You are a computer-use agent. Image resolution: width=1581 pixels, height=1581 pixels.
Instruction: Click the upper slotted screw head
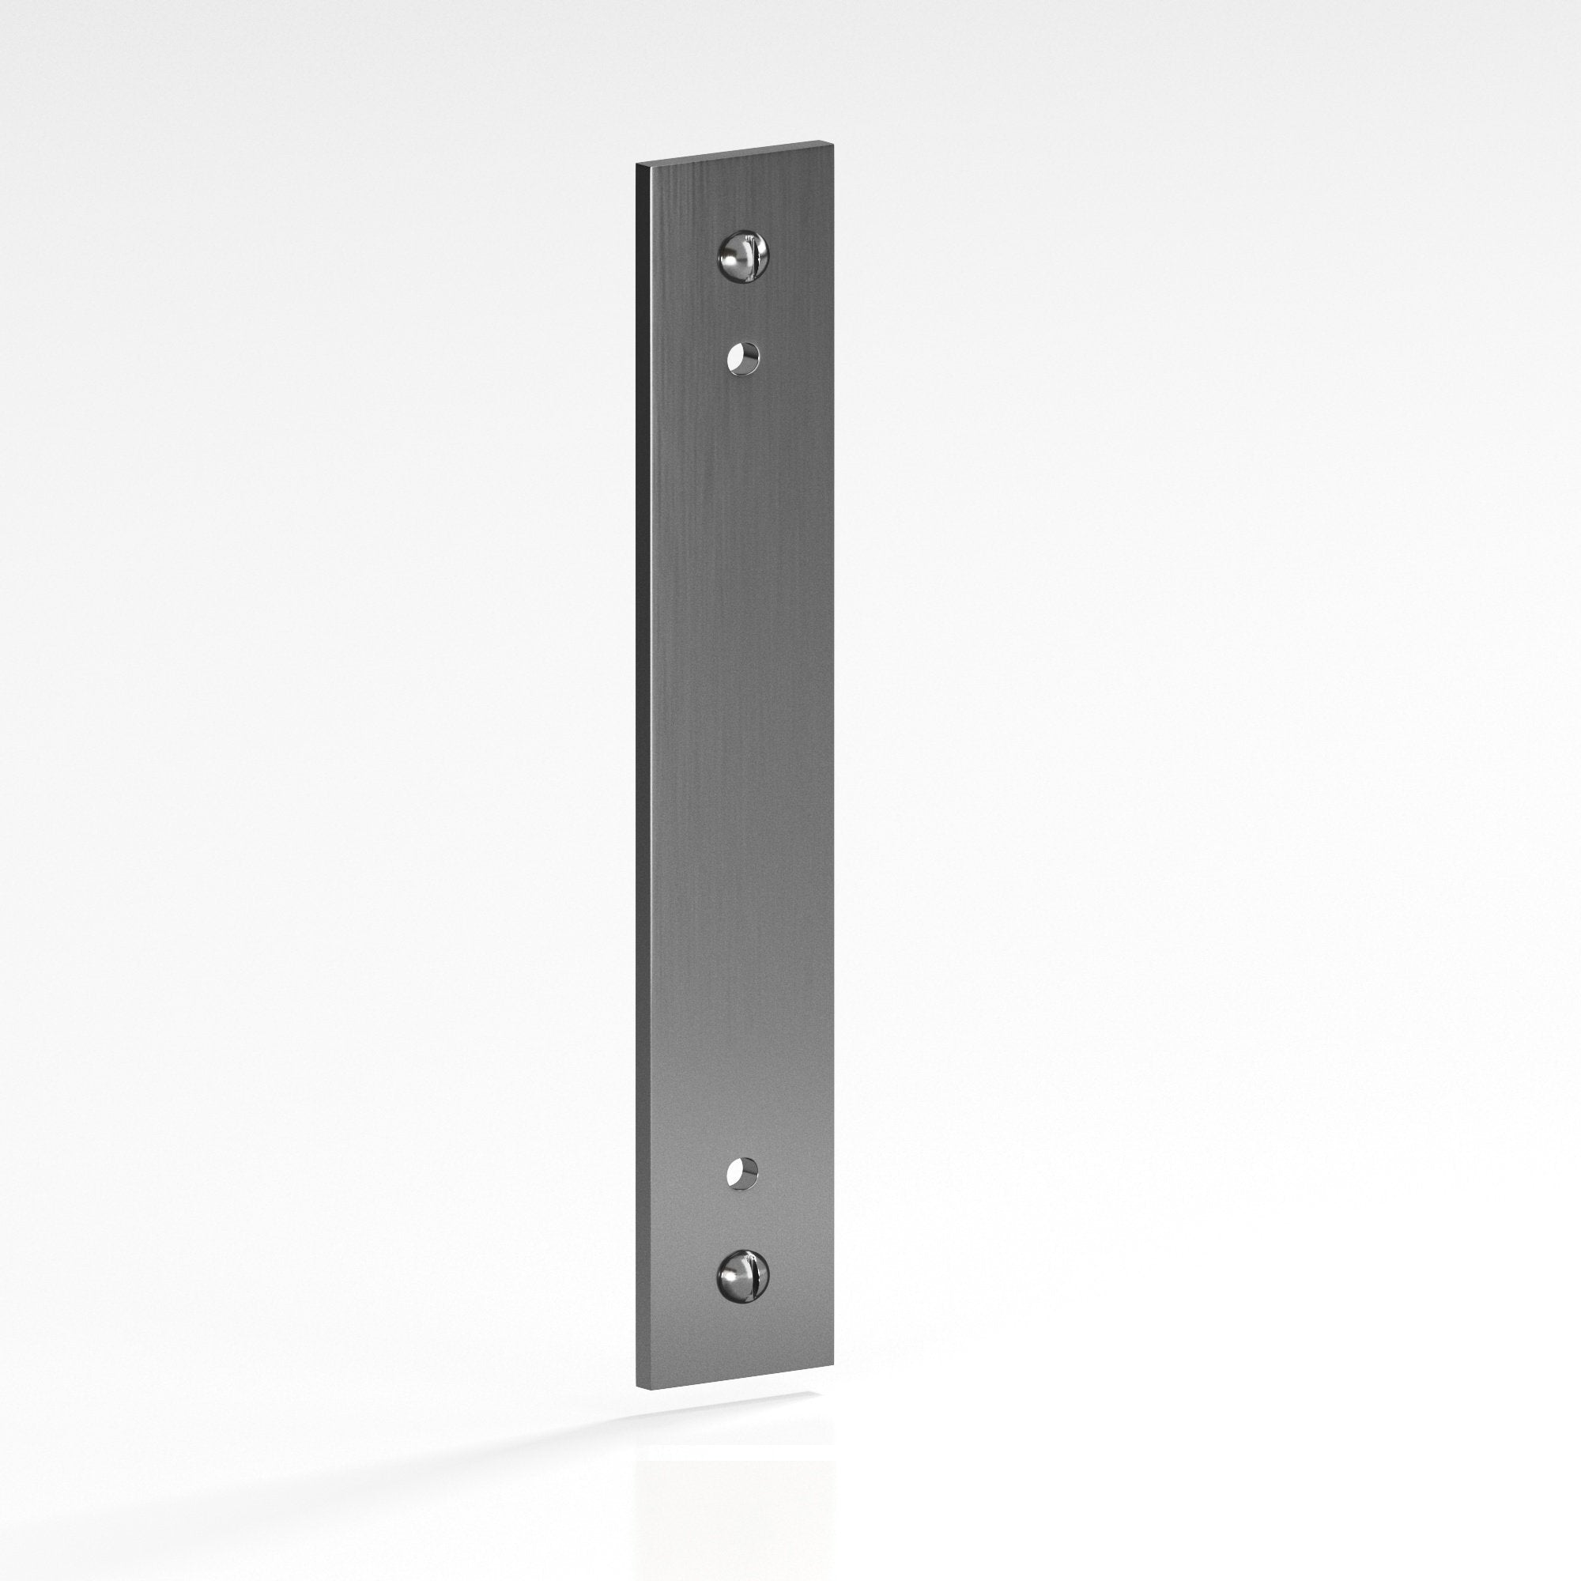[x=744, y=256]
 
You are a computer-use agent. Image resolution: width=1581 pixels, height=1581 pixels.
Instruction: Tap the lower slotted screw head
[x=743, y=1277]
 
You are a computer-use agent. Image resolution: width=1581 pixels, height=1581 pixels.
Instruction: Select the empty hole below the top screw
[x=743, y=358]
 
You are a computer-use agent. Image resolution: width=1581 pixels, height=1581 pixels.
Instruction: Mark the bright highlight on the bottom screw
[x=730, y=1278]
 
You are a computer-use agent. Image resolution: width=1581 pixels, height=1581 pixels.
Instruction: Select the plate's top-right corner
[x=832, y=142]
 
